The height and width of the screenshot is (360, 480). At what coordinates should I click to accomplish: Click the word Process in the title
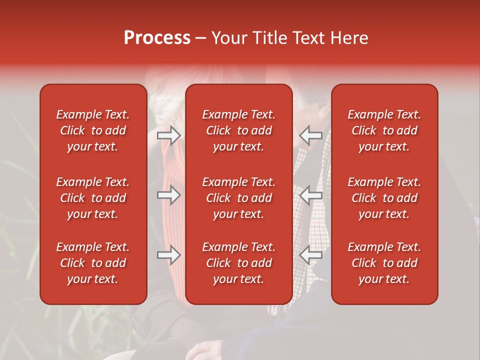click(x=157, y=38)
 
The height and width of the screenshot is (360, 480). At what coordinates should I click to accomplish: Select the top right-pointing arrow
click(x=169, y=134)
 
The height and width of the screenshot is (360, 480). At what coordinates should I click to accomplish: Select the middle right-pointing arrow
click(x=169, y=195)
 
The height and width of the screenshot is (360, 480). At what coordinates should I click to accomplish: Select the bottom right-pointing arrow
click(x=169, y=255)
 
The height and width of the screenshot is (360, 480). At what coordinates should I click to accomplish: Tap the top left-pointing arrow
click(x=311, y=134)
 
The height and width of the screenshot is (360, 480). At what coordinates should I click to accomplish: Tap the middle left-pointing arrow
click(x=311, y=195)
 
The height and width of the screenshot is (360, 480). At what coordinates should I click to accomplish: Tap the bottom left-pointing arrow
click(x=311, y=255)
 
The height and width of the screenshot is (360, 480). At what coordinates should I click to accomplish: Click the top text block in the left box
click(x=93, y=130)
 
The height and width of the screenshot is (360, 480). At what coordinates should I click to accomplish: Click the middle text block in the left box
click(x=93, y=198)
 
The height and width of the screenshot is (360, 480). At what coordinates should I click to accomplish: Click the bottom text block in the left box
click(x=93, y=263)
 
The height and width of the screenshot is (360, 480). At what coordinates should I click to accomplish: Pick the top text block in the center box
click(x=239, y=130)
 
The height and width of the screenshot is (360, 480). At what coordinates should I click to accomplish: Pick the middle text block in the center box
click(x=239, y=198)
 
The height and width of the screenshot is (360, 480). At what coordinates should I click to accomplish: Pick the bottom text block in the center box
click(x=239, y=263)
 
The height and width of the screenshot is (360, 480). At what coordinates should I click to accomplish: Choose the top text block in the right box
click(x=384, y=130)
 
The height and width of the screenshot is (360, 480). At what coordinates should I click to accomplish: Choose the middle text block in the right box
click(x=384, y=198)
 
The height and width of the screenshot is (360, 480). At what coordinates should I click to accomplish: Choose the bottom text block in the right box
click(x=384, y=263)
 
